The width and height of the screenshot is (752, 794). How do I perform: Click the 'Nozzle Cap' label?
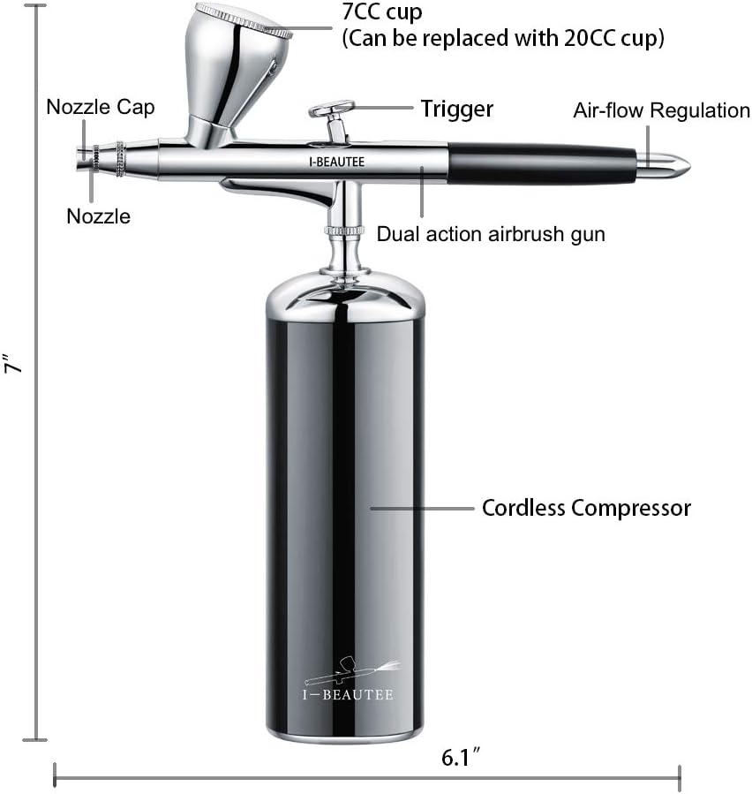point(101,108)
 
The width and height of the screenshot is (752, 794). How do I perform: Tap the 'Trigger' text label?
point(456,110)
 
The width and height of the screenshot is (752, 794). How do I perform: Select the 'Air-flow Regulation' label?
point(661,110)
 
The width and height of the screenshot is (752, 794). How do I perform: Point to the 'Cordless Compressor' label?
point(586,509)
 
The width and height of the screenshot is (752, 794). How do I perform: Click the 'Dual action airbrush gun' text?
point(491,234)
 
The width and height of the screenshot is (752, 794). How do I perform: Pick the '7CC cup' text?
point(382,12)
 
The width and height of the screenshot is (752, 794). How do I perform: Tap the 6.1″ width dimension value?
point(461,757)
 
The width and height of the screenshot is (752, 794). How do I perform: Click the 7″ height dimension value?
point(14,363)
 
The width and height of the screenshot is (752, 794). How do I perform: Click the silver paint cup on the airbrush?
point(232,72)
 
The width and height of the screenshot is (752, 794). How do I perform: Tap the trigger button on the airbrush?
point(332,110)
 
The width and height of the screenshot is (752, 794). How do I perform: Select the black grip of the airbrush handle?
point(541,163)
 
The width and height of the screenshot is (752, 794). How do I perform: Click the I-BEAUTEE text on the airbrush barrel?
point(336,162)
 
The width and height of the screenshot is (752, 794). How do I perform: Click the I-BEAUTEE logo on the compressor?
point(348,679)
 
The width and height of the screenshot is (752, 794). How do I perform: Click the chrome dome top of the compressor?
point(344,297)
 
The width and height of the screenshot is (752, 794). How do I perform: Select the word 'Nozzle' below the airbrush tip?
point(98,216)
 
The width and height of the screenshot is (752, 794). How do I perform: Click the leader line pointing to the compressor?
point(422,508)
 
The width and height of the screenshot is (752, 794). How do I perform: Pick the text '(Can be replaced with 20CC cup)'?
point(503,39)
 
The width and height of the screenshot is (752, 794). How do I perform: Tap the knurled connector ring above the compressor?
point(344,231)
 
